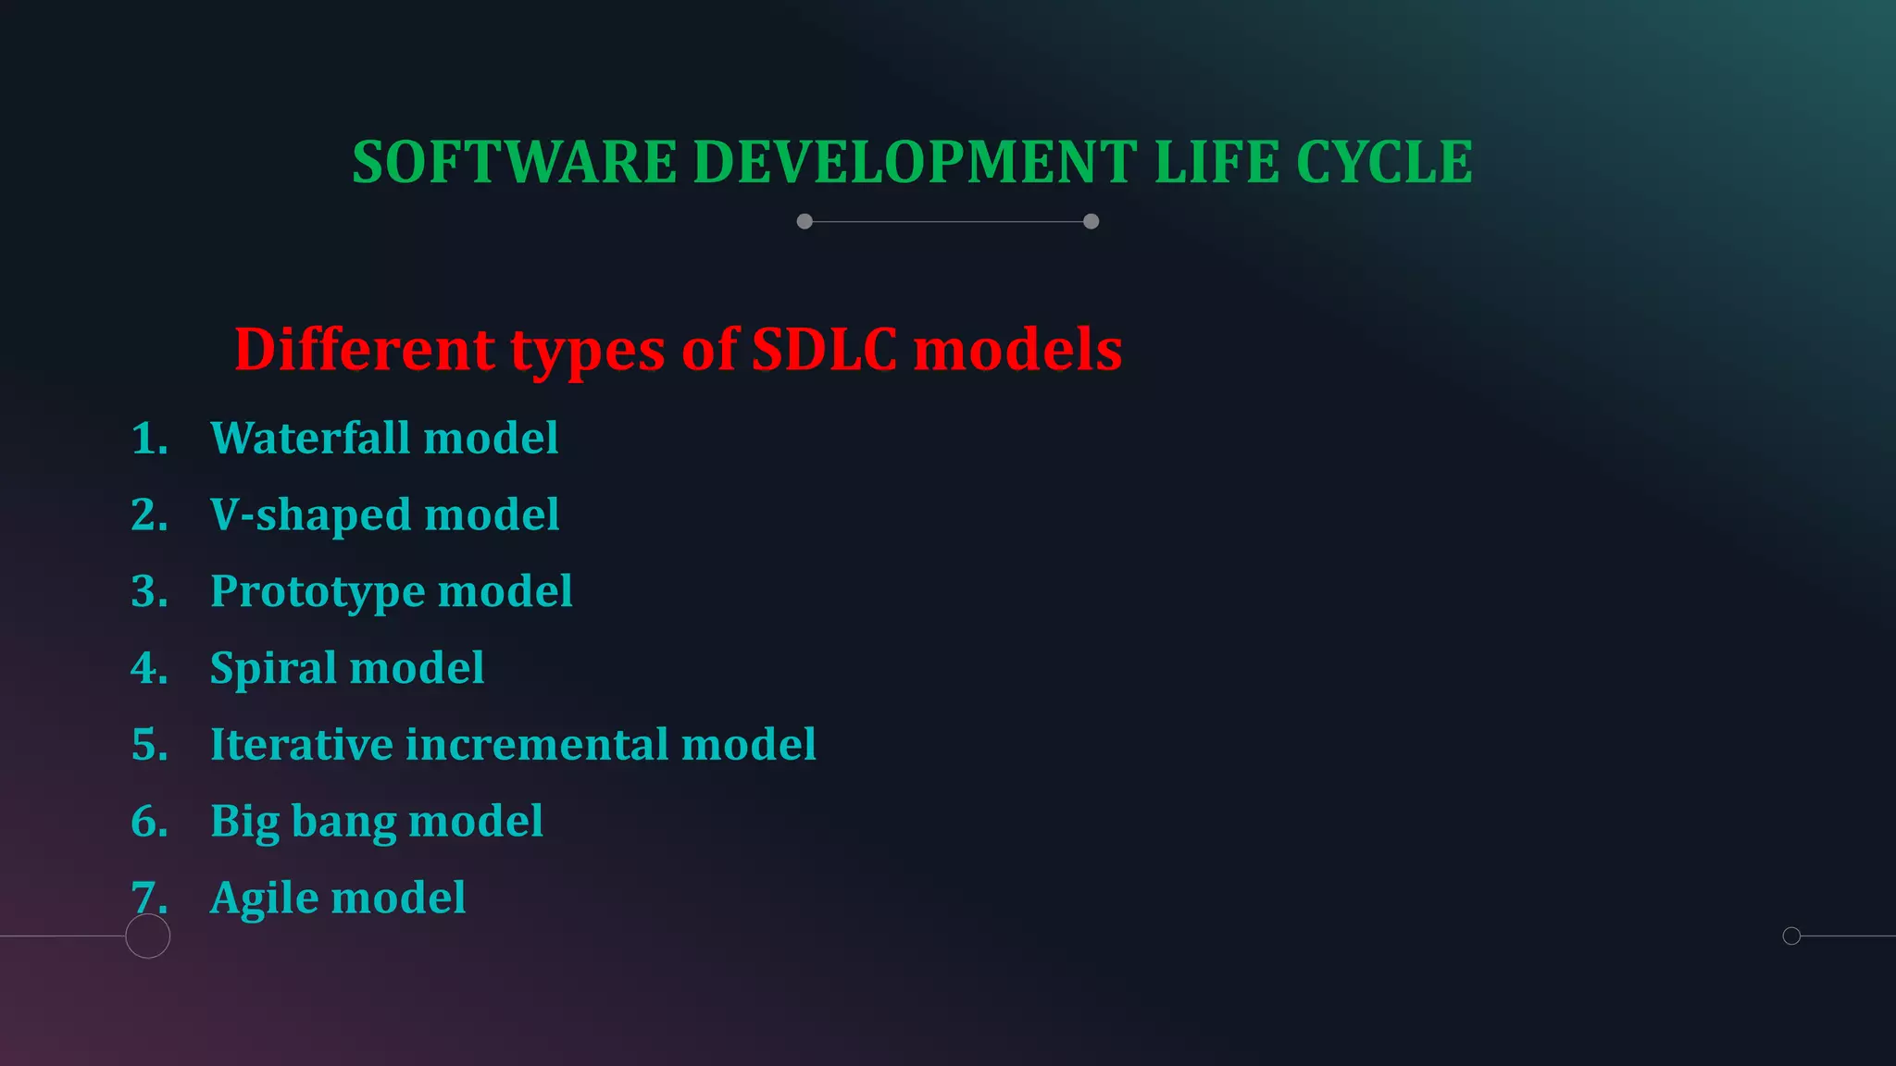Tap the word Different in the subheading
click(364, 350)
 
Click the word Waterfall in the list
click(310, 438)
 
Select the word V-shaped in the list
click(310, 515)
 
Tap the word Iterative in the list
click(301, 745)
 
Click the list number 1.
click(147, 439)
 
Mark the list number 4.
click(147, 668)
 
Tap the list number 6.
click(147, 822)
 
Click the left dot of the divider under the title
click(805, 221)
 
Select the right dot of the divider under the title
click(1091, 221)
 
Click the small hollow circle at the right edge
click(1791, 936)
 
